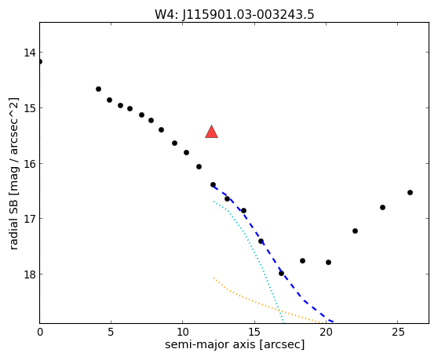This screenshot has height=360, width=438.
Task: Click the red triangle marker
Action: [211, 132]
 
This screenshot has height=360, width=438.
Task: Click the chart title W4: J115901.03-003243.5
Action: [235, 15]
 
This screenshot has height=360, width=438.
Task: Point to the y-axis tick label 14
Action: [30, 53]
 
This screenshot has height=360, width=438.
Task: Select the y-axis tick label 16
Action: [30, 164]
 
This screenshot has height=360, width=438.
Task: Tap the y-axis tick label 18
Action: [30, 275]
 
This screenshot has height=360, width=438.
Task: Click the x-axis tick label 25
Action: [397, 332]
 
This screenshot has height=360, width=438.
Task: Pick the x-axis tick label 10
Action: [182, 332]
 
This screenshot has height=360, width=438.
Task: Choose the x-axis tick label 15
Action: [254, 332]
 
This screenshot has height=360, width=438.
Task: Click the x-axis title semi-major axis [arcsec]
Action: [235, 344]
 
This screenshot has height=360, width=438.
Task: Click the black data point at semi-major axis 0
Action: [40, 61]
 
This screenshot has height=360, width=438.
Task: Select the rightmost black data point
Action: [410, 193]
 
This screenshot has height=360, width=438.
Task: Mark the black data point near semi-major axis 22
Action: [355, 231]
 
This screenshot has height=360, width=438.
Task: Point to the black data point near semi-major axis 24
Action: [383, 207]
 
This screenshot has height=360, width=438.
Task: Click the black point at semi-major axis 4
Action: [98, 89]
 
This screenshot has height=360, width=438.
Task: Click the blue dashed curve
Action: [268, 252]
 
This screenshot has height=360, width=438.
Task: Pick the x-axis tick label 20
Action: [326, 332]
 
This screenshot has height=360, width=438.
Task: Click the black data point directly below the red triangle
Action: [213, 184]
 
